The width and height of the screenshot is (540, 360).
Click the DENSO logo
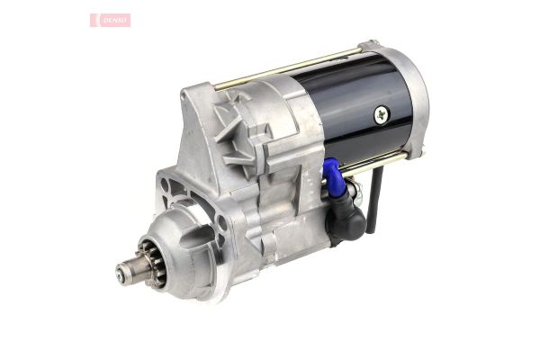(x=110, y=20)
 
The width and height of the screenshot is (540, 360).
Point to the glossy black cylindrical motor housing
(x=351, y=108)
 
